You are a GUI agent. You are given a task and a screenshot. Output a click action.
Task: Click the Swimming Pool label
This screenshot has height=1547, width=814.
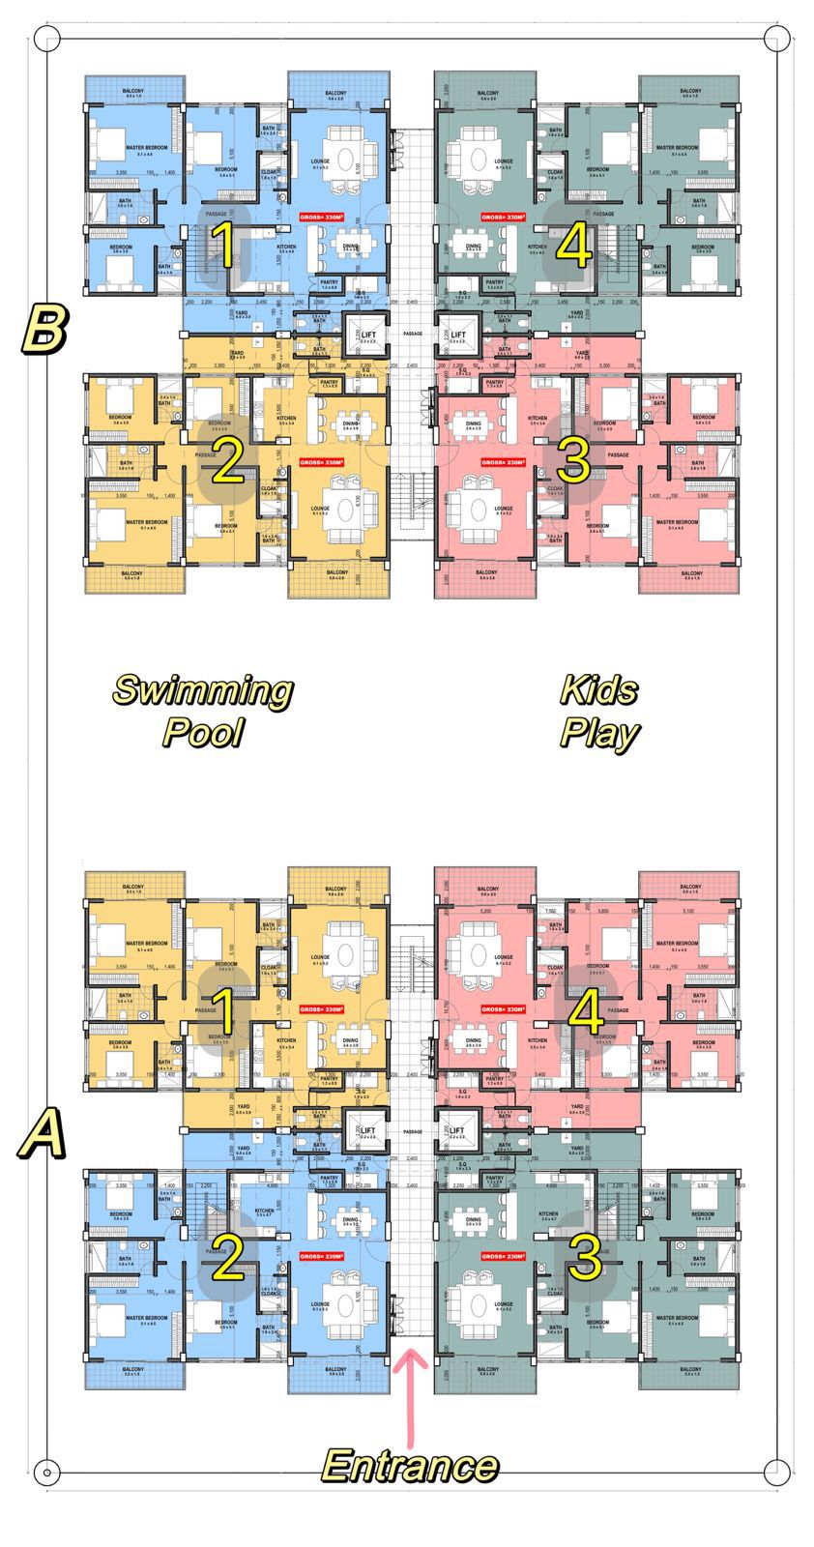pos(202,711)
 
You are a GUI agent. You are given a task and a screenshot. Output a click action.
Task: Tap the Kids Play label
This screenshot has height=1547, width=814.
pos(599,711)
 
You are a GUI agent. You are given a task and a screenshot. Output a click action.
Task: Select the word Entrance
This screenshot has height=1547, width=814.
pos(410,1466)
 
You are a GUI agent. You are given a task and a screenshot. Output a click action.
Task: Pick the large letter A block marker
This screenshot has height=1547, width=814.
pos(42,1132)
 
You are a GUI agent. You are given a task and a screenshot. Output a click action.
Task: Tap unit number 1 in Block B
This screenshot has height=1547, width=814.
pos(223,245)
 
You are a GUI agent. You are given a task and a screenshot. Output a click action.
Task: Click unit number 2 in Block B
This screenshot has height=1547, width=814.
pos(225,463)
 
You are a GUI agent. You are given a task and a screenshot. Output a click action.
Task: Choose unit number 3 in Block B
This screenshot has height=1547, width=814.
pos(573,461)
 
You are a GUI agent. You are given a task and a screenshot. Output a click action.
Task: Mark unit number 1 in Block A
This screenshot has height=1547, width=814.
pos(223,1012)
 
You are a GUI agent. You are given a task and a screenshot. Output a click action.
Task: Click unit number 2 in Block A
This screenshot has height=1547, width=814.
pos(227,1260)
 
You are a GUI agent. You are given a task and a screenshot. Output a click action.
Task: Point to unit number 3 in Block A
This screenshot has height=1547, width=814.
pos(585,1258)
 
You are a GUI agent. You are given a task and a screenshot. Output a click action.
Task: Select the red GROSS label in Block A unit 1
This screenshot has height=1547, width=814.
pos(322,1009)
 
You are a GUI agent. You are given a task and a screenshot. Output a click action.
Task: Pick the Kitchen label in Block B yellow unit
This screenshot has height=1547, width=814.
pos(286,420)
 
